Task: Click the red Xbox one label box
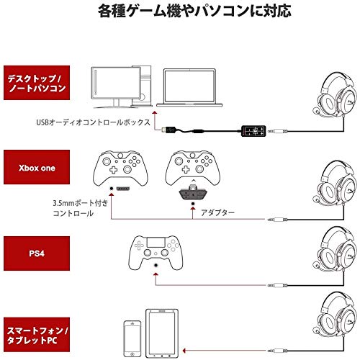coord(37,167)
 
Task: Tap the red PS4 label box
coord(37,253)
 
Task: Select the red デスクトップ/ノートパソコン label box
coord(37,83)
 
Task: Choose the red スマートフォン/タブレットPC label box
coord(37,335)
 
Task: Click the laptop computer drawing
coord(189,88)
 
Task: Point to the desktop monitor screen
coord(116,83)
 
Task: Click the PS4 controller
coord(156,253)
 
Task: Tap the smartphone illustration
coord(132,338)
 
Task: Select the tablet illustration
coord(162,333)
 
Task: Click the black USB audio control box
coord(253,131)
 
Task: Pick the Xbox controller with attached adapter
coord(193,168)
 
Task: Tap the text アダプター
coord(217,212)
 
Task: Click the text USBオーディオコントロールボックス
coord(94,122)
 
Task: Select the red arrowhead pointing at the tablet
coord(184,351)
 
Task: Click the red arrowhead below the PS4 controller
coord(156,274)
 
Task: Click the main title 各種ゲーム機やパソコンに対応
coord(194,12)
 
